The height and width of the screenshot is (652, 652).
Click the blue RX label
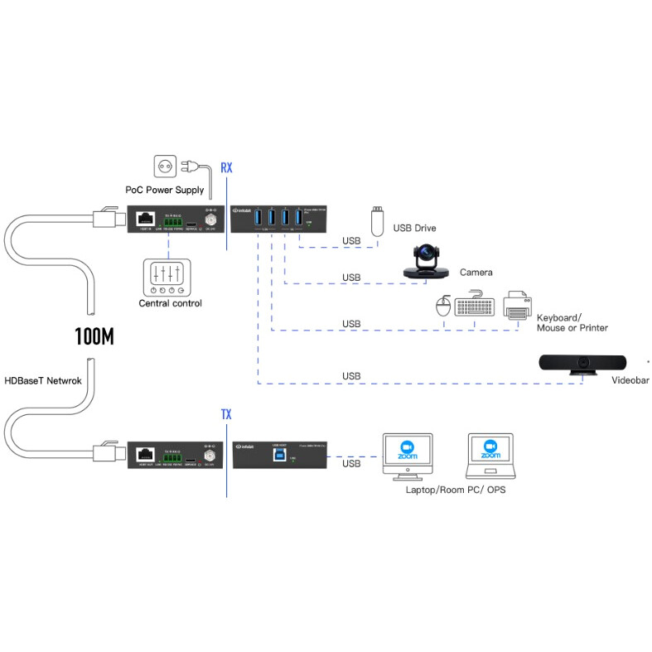click(226, 168)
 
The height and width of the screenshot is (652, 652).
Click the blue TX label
click(226, 413)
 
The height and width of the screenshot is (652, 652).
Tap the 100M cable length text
click(94, 337)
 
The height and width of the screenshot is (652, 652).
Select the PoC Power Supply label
click(165, 190)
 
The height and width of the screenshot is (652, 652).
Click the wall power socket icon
click(166, 167)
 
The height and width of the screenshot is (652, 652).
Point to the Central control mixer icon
click(167, 278)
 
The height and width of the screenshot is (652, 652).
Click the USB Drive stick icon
click(377, 222)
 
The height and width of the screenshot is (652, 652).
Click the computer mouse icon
click(443, 307)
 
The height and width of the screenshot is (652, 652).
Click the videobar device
click(587, 364)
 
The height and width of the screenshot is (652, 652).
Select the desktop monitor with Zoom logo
click(407, 455)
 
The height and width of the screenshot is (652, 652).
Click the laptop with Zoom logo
click(490, 456)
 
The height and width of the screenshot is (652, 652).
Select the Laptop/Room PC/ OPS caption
click(455, 490)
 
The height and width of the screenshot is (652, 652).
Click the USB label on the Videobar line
click(351, 376)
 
